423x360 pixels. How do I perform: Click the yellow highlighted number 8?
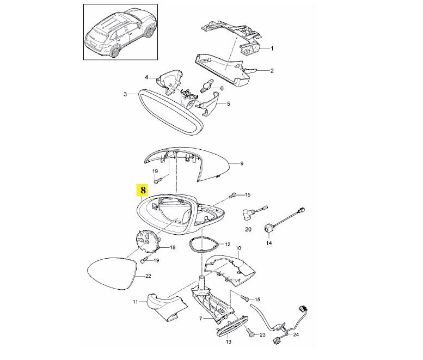point(143,190)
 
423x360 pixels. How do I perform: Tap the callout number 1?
point(272,48)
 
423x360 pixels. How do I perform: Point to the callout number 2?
point(272,70)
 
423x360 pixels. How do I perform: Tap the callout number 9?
point(242,163)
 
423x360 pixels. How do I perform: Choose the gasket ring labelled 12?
point(204,243)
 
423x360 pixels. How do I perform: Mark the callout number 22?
point(148,276)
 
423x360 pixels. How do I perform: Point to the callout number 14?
point(268,243)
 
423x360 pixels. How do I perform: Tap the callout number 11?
point(136,301)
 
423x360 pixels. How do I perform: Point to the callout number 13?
point(228,341)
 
